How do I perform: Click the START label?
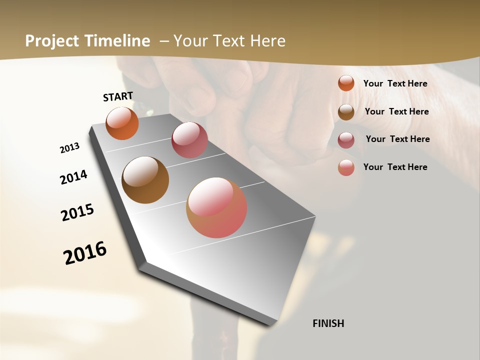(x=118, y=96)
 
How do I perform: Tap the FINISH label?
(x=328, y=323)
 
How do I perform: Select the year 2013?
(x=70, y=148)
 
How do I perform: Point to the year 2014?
(x=74, y=177)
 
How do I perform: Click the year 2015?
(x=77, y=212)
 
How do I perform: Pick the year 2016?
(x=85, y=252)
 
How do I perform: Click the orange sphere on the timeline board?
(x=122, y=123)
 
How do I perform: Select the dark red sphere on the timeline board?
(x=189, y=140)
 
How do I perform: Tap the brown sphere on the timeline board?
(x=145, y=180)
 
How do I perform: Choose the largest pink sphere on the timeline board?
(x=216, y=207)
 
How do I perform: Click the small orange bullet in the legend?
(x=346, y=83)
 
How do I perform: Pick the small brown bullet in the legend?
(x=346, y=112)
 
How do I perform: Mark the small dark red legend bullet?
(x=346, y=140)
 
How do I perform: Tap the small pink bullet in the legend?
(x=346, y=167)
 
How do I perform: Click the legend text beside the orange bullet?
(x=395, y=83)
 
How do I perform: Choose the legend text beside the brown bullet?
(x=396, y=111)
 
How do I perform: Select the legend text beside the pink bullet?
(x=395, y=167)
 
